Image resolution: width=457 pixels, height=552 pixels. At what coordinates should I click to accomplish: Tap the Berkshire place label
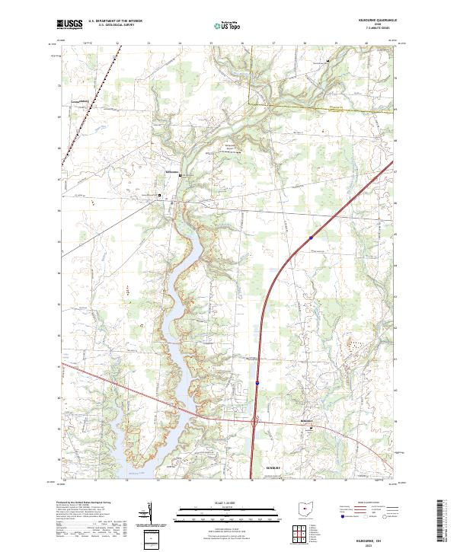(x=306, y=420)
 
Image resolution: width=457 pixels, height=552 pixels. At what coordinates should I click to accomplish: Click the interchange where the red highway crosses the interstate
(x=254, y=420)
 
